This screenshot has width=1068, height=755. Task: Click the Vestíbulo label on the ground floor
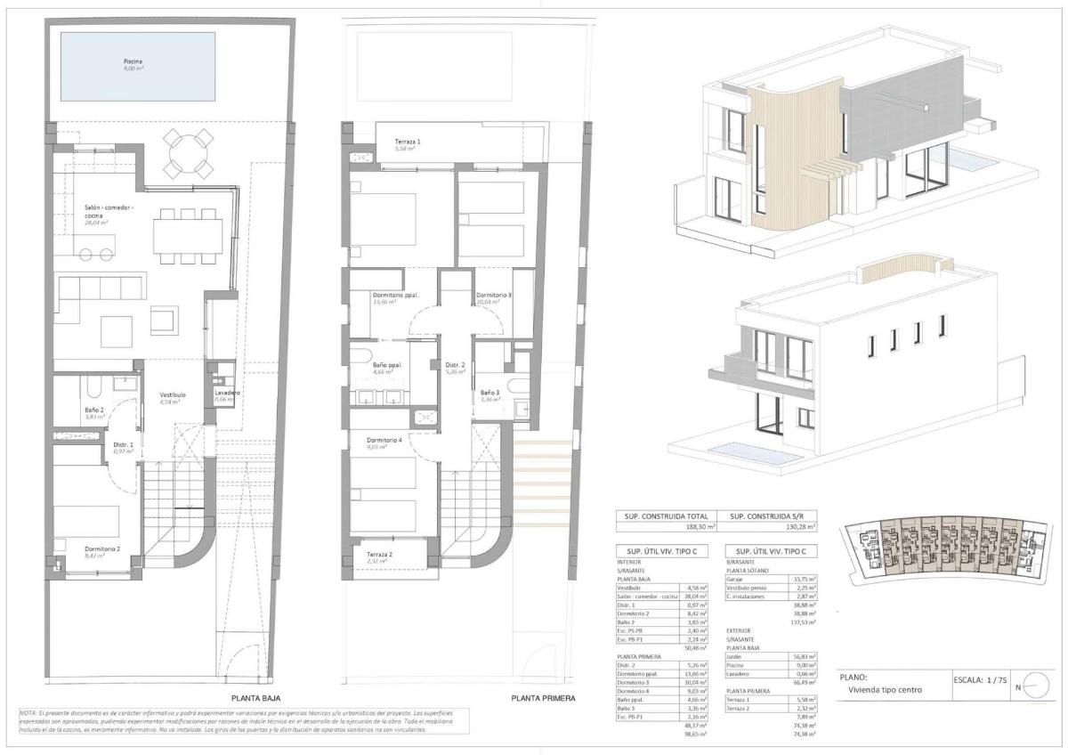click(172, 394)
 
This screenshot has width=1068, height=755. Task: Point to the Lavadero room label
click(229, 393)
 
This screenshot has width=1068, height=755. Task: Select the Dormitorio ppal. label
click(396, 296)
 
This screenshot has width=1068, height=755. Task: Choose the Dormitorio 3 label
click(493, 296)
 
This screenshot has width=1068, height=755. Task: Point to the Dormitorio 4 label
click(385, 440)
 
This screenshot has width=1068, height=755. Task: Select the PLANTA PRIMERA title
click(543, 699)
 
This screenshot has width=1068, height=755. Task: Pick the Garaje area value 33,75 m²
click(804, 579)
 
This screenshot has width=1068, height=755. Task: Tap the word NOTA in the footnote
click(28, 713)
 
